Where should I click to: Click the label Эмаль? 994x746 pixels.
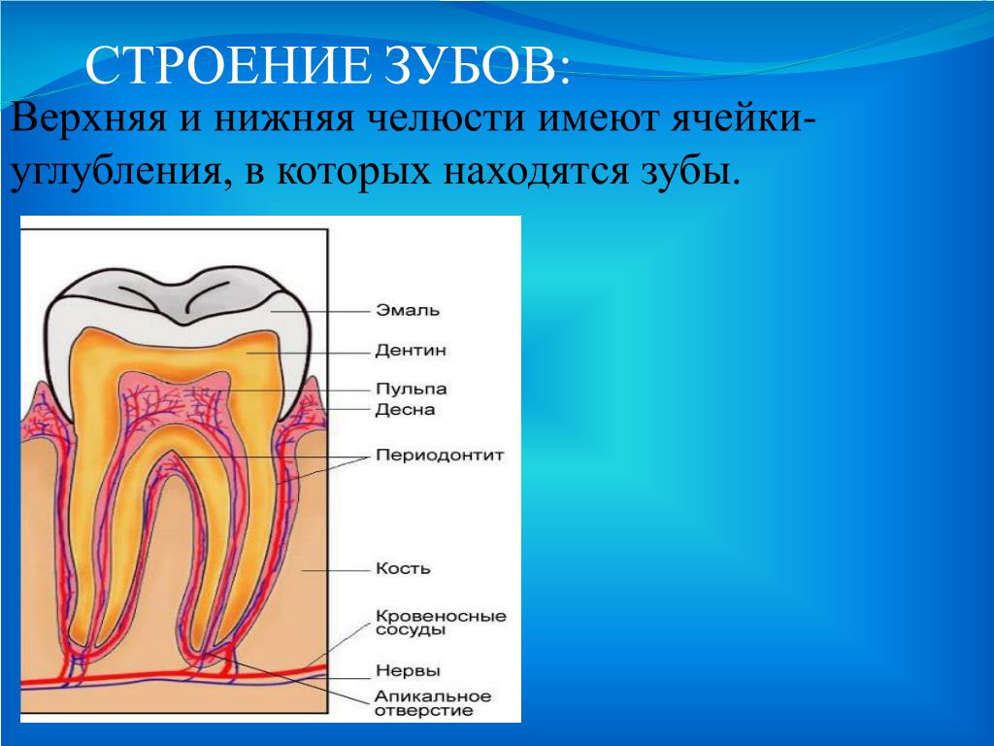tap(408, 310)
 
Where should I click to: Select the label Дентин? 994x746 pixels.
tap(411, 350)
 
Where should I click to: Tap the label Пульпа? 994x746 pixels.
tap(412, 389)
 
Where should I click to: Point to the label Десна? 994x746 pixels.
tap(405, 409)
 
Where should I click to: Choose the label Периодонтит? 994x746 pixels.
tap(440, 456)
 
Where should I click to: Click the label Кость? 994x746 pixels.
tap(403, 568)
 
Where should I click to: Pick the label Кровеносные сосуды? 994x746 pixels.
tap(442, 623)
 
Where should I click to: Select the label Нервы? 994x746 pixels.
tap(408, 671)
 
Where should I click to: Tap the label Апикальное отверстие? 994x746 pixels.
tap(433, 703)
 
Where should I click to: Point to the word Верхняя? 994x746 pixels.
tap(88, 119)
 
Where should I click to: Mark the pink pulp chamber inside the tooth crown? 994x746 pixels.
tap(177, 399)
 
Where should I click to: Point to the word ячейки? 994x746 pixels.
tap(741, 119)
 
